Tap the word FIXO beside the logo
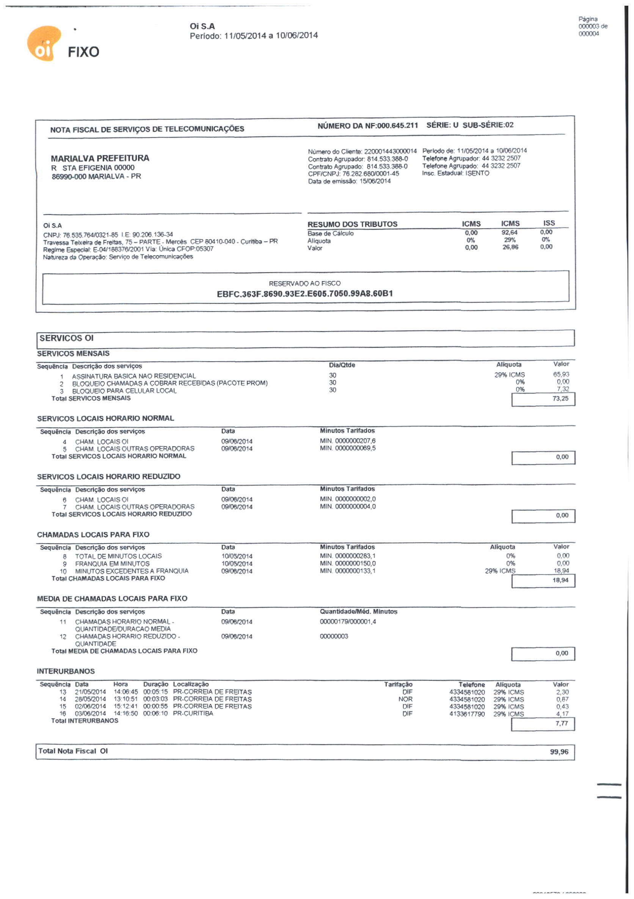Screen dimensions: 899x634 (83, 52)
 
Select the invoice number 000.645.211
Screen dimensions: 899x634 (397, 126)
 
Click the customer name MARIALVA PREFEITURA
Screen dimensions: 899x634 (100, 158)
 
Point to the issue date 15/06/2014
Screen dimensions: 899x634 (375, 181)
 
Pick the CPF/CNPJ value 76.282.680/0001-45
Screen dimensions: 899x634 (371, 174)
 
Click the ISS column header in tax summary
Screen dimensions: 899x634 (549, 223)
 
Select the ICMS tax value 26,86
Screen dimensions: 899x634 (510, 247)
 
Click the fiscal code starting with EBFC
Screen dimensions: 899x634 (305, 294)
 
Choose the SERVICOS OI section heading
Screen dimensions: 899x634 (67, 338)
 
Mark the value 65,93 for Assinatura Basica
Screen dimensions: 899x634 (561, 375)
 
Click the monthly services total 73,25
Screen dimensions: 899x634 (560, 399)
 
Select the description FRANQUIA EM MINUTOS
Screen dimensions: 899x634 (113, 564)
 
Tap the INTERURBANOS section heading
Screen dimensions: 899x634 (66, 671)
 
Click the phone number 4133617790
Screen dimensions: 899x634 (467, 714)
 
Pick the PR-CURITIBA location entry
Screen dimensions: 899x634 (193, 713)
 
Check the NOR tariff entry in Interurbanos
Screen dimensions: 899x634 (405, 699)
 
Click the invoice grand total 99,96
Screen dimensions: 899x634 (559, 752)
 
